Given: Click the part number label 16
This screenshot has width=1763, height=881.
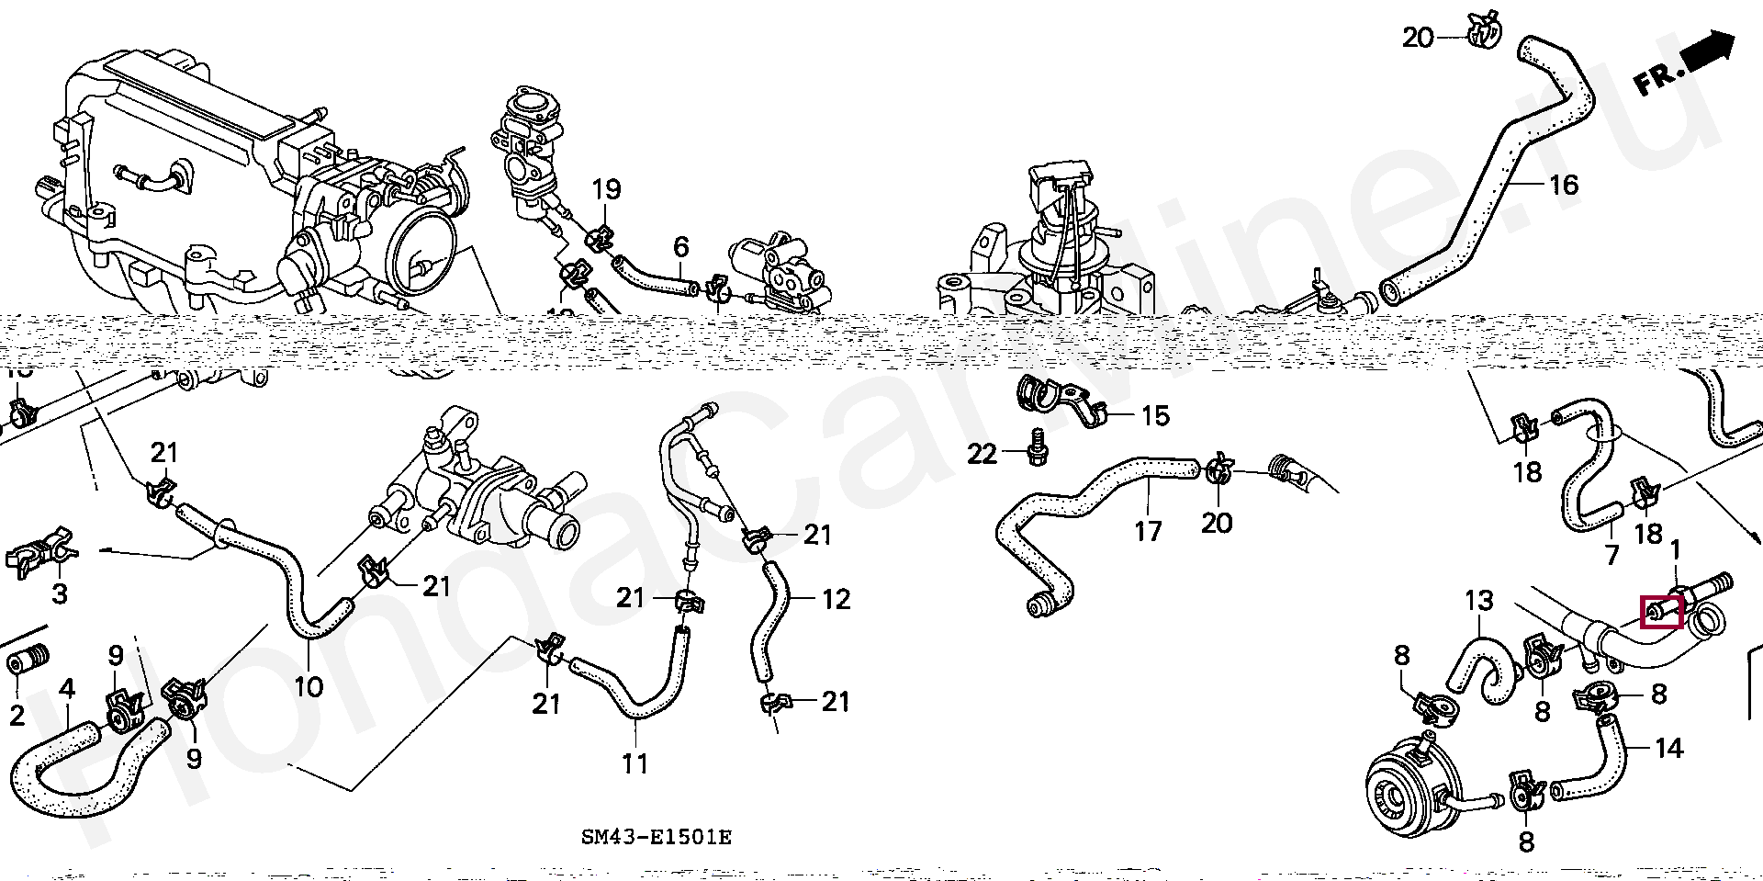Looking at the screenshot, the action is point(1563,185).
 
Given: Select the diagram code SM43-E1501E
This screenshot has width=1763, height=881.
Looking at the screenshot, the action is point(656,838).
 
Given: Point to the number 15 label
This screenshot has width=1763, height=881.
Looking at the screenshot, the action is point(1155,416).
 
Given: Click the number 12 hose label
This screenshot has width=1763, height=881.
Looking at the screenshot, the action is point(837,599).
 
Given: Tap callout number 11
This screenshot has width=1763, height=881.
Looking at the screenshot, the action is point(634,762).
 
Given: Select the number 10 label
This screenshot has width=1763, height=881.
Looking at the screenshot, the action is point(309,685).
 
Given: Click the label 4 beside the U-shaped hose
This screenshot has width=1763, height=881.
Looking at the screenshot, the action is point(66,689).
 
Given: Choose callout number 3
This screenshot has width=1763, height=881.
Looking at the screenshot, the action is point(60,593).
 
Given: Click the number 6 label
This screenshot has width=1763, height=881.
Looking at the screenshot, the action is point(680,246).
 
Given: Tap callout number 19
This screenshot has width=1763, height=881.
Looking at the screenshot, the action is point(606,190).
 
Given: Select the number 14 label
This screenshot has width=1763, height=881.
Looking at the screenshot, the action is point(1668,749).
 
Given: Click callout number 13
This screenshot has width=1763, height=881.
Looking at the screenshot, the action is point(1479,602).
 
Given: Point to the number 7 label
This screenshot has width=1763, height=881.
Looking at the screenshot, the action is point(1611,555).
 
